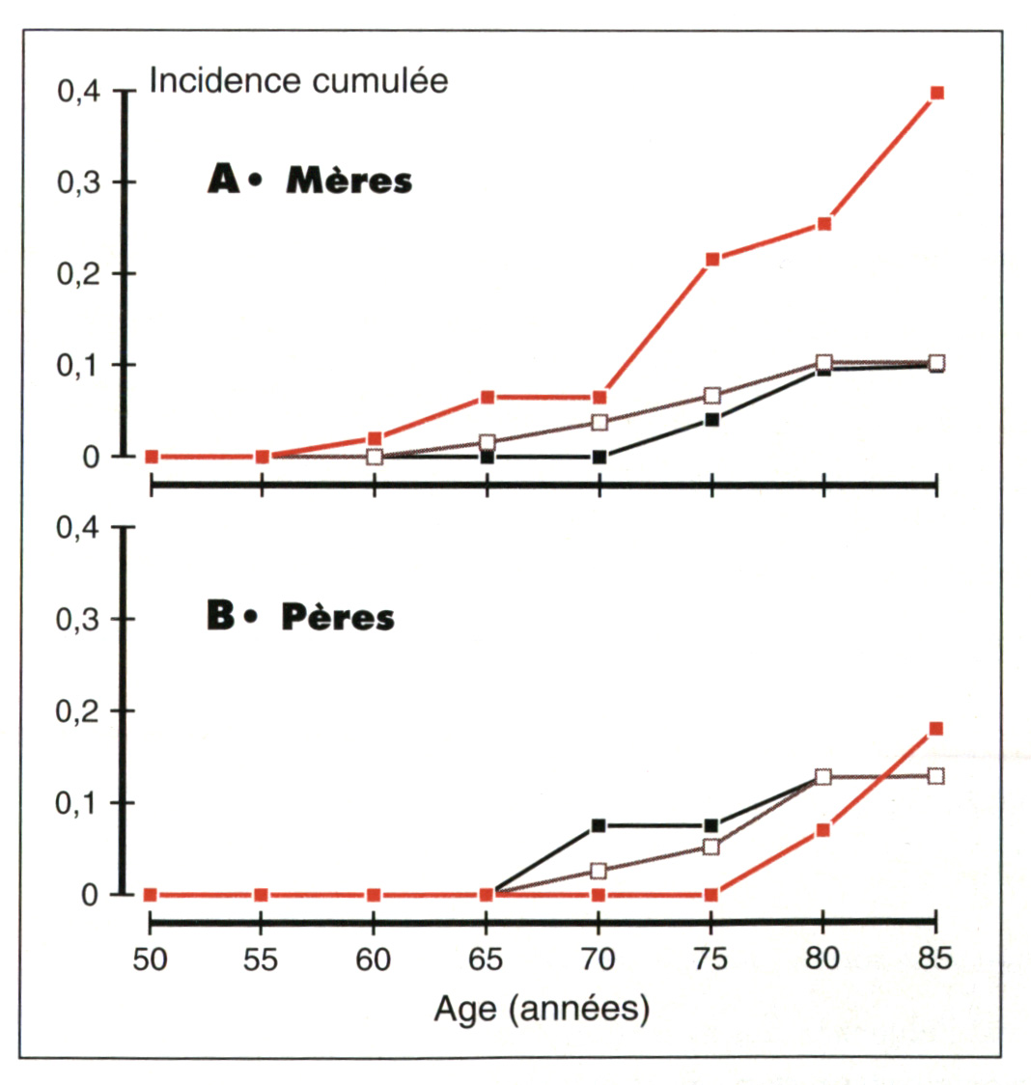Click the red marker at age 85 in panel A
[x=935, y=93]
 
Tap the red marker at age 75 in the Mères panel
[x=711, y=260]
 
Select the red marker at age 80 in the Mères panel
[x=823, y=224]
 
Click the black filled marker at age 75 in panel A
[x=711, y=420]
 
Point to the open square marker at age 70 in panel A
[x=599, y=422]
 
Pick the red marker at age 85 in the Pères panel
[x=935, y=728]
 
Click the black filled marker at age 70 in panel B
[x=599, y=825]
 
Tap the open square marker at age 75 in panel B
[x=711, y=847]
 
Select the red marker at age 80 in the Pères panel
[x=823, y=829]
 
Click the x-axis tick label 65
[x=487, y=960]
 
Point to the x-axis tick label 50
[x=150, y=960]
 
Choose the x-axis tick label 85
[x=935, y=960]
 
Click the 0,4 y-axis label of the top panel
[x=78, y=92]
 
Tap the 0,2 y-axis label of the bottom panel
[x=78, y=711]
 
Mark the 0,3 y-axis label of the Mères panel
[x=78, y=182]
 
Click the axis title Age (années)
[x=542, y=1010]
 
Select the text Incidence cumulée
[x=298, y=81]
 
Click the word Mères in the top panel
[x=348, y=181]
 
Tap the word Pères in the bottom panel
[x=338, y=618]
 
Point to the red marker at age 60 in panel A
[x=375, y=438]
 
